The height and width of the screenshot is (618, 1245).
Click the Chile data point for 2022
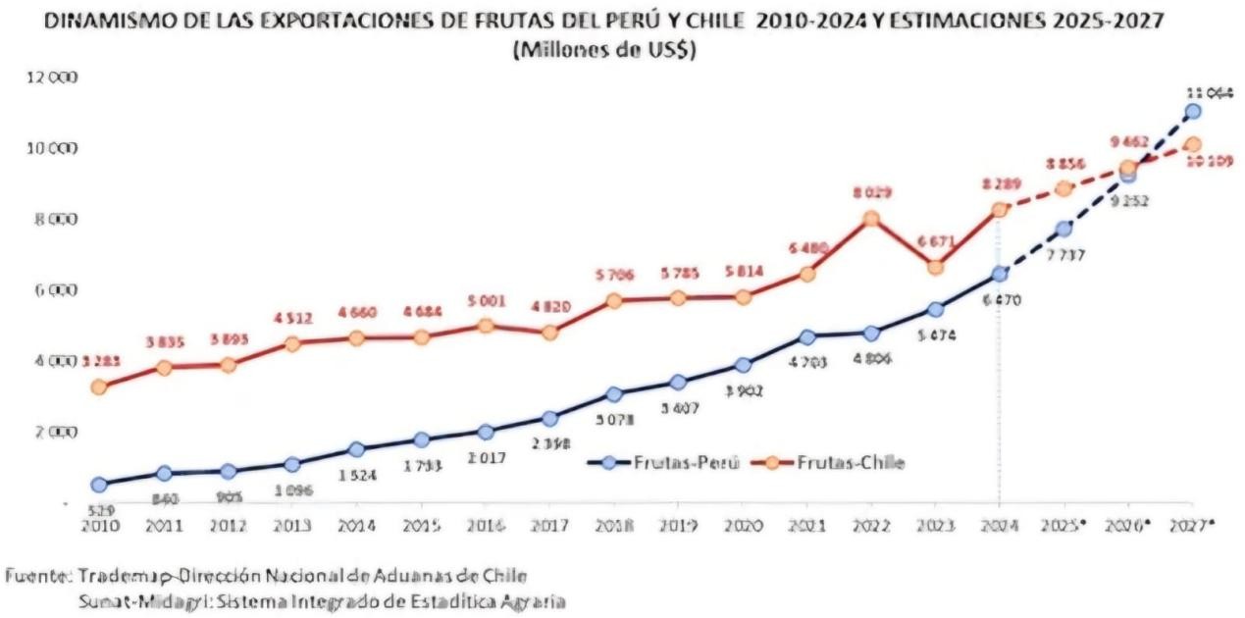pos(870,219)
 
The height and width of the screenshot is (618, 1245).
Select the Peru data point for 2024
pos(999,274)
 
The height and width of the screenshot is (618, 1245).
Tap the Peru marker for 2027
pos(1192,112)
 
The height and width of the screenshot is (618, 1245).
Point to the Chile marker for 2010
pos(99,387)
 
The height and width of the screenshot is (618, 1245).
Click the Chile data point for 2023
pos(935,267)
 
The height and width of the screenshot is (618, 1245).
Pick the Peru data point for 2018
pos(613,394)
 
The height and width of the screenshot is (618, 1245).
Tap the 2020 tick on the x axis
pos(742,524)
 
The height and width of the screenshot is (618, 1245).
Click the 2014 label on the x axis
pos(357,524)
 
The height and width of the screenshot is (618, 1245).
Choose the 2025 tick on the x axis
pos(1064,524)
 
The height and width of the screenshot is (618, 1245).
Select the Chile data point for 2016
pos(486,326)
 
